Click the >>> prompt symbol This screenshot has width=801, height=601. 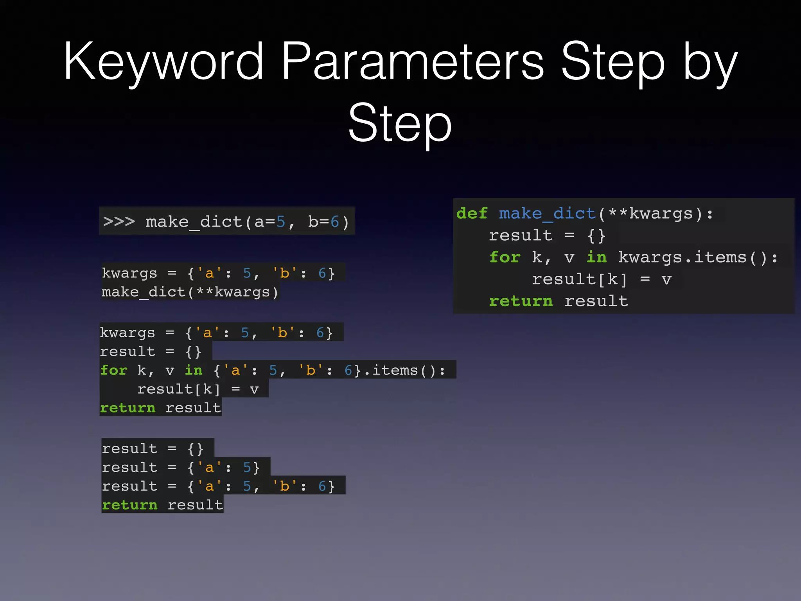pos(119,221)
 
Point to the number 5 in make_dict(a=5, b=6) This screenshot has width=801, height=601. pos(281,222)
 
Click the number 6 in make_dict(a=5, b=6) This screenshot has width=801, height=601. pos(335,222)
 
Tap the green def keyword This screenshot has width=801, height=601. pos(472,214)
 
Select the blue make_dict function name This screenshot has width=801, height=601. pos(547,214)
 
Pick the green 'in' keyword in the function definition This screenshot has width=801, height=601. pos(596,257)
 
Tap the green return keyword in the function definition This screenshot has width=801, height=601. pos(521,301)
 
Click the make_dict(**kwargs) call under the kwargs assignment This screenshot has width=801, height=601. pos(190,292)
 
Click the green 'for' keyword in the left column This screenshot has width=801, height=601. pos(114,370)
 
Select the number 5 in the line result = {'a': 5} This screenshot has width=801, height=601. pos(247,467)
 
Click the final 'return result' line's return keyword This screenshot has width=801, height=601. pos(129,505)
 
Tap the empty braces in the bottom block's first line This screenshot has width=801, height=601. pos(195,449)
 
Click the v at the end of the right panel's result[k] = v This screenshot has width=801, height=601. pos(666,279)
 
